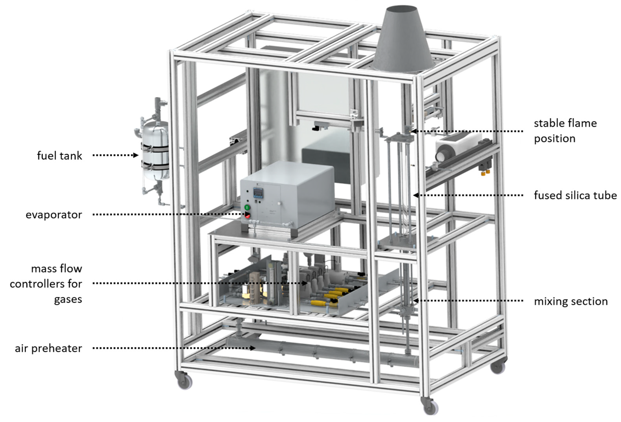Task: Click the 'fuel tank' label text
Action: [59, 156]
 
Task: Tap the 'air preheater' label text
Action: [48, 348]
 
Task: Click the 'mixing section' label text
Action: [571, 301]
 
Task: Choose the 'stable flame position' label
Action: [565, 131]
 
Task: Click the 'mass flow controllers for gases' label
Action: [46, 284]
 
